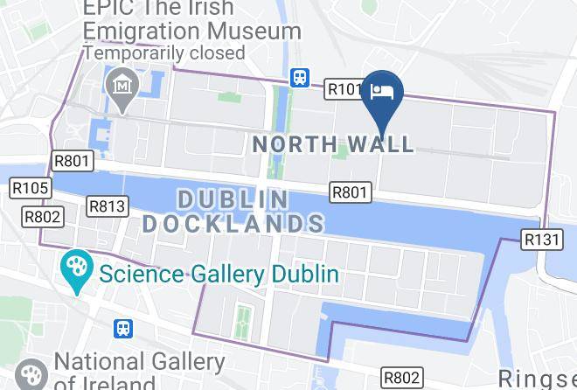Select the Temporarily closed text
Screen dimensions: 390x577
pyautogui.click(x=163, y=52)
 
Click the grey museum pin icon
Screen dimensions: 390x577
pyautogui.click(x=121, y=87)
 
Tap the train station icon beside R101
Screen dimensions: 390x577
pyautogui.click(x=300, y=77)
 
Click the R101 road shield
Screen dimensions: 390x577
pyautogui.click(x=344, y=89)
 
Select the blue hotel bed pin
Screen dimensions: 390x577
pyautogui.click(x=383, y=94)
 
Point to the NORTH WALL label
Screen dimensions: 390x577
pyautogui.click(x=333, y=143)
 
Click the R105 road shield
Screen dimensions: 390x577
pyautogui.click(x=30, y=188)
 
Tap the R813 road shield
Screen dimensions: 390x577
pyautogui.click(x=108, y=206)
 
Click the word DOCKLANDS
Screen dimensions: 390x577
pyautogui.click(x=233, y=223)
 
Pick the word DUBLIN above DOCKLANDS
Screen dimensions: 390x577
pyautogui.click(x=233, y=199)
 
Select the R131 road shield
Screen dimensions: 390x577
pyautogui.click(x=542, y=239)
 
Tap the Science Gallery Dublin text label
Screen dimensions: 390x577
pyautogui.click(x=219, y=274)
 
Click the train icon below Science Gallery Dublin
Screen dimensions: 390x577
pyautogui.click(x=125, y=329)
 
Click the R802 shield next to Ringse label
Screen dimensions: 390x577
pyautogui.click(x=402, y=378)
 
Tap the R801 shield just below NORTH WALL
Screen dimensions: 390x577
pyautogui.click(x=351, y=192)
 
